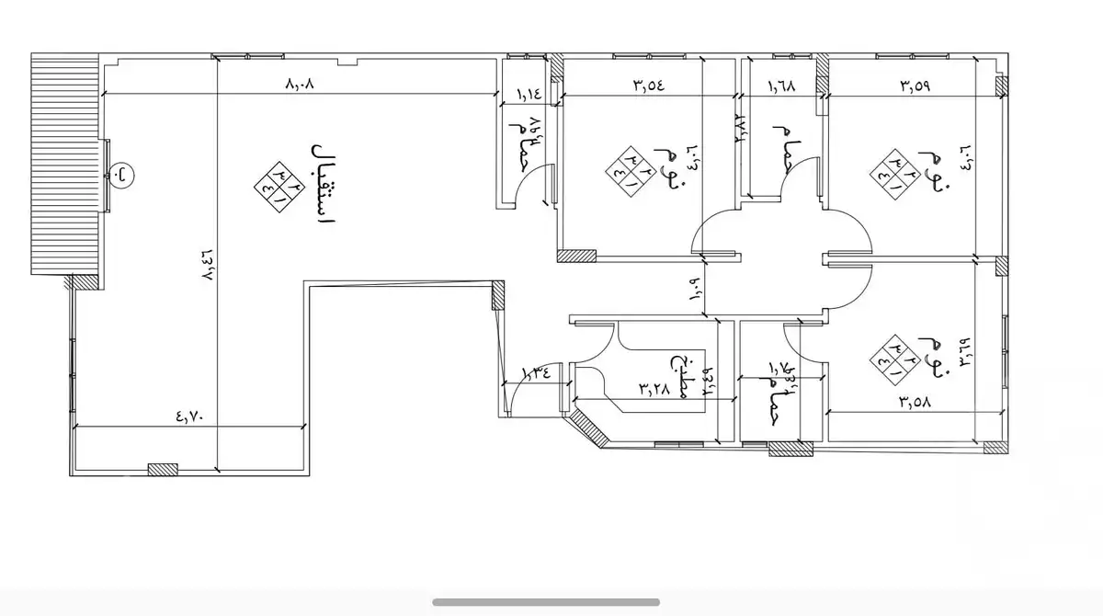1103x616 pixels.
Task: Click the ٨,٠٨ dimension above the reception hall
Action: [301, 85]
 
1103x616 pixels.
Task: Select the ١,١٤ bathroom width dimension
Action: [529, 94]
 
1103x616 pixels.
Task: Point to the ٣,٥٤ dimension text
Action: [647, 86]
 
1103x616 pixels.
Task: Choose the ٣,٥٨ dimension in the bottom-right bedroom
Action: [915, 401]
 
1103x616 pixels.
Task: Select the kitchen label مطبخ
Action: [681, 374]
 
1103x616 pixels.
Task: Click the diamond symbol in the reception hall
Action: [279, 188]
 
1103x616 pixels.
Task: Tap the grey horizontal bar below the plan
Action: [546, 602]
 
